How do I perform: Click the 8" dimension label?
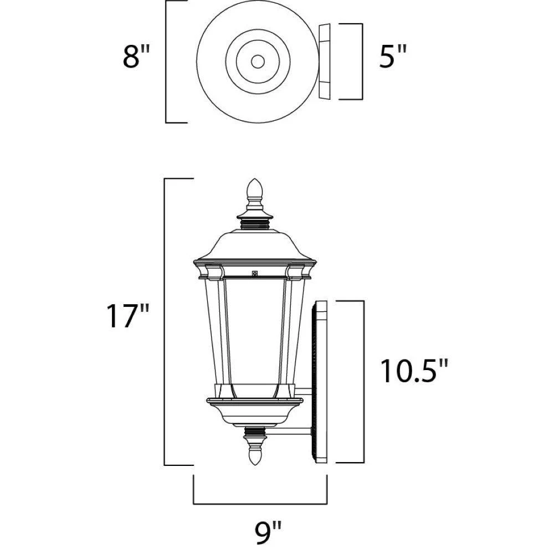[x=136, y=57]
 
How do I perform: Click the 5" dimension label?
[x=393, y=57]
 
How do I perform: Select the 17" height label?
[x=129, y=316]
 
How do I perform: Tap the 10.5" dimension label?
[x=414, y=371]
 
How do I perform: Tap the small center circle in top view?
[x=258, y=62]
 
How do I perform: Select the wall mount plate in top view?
[x=324, y=61]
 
